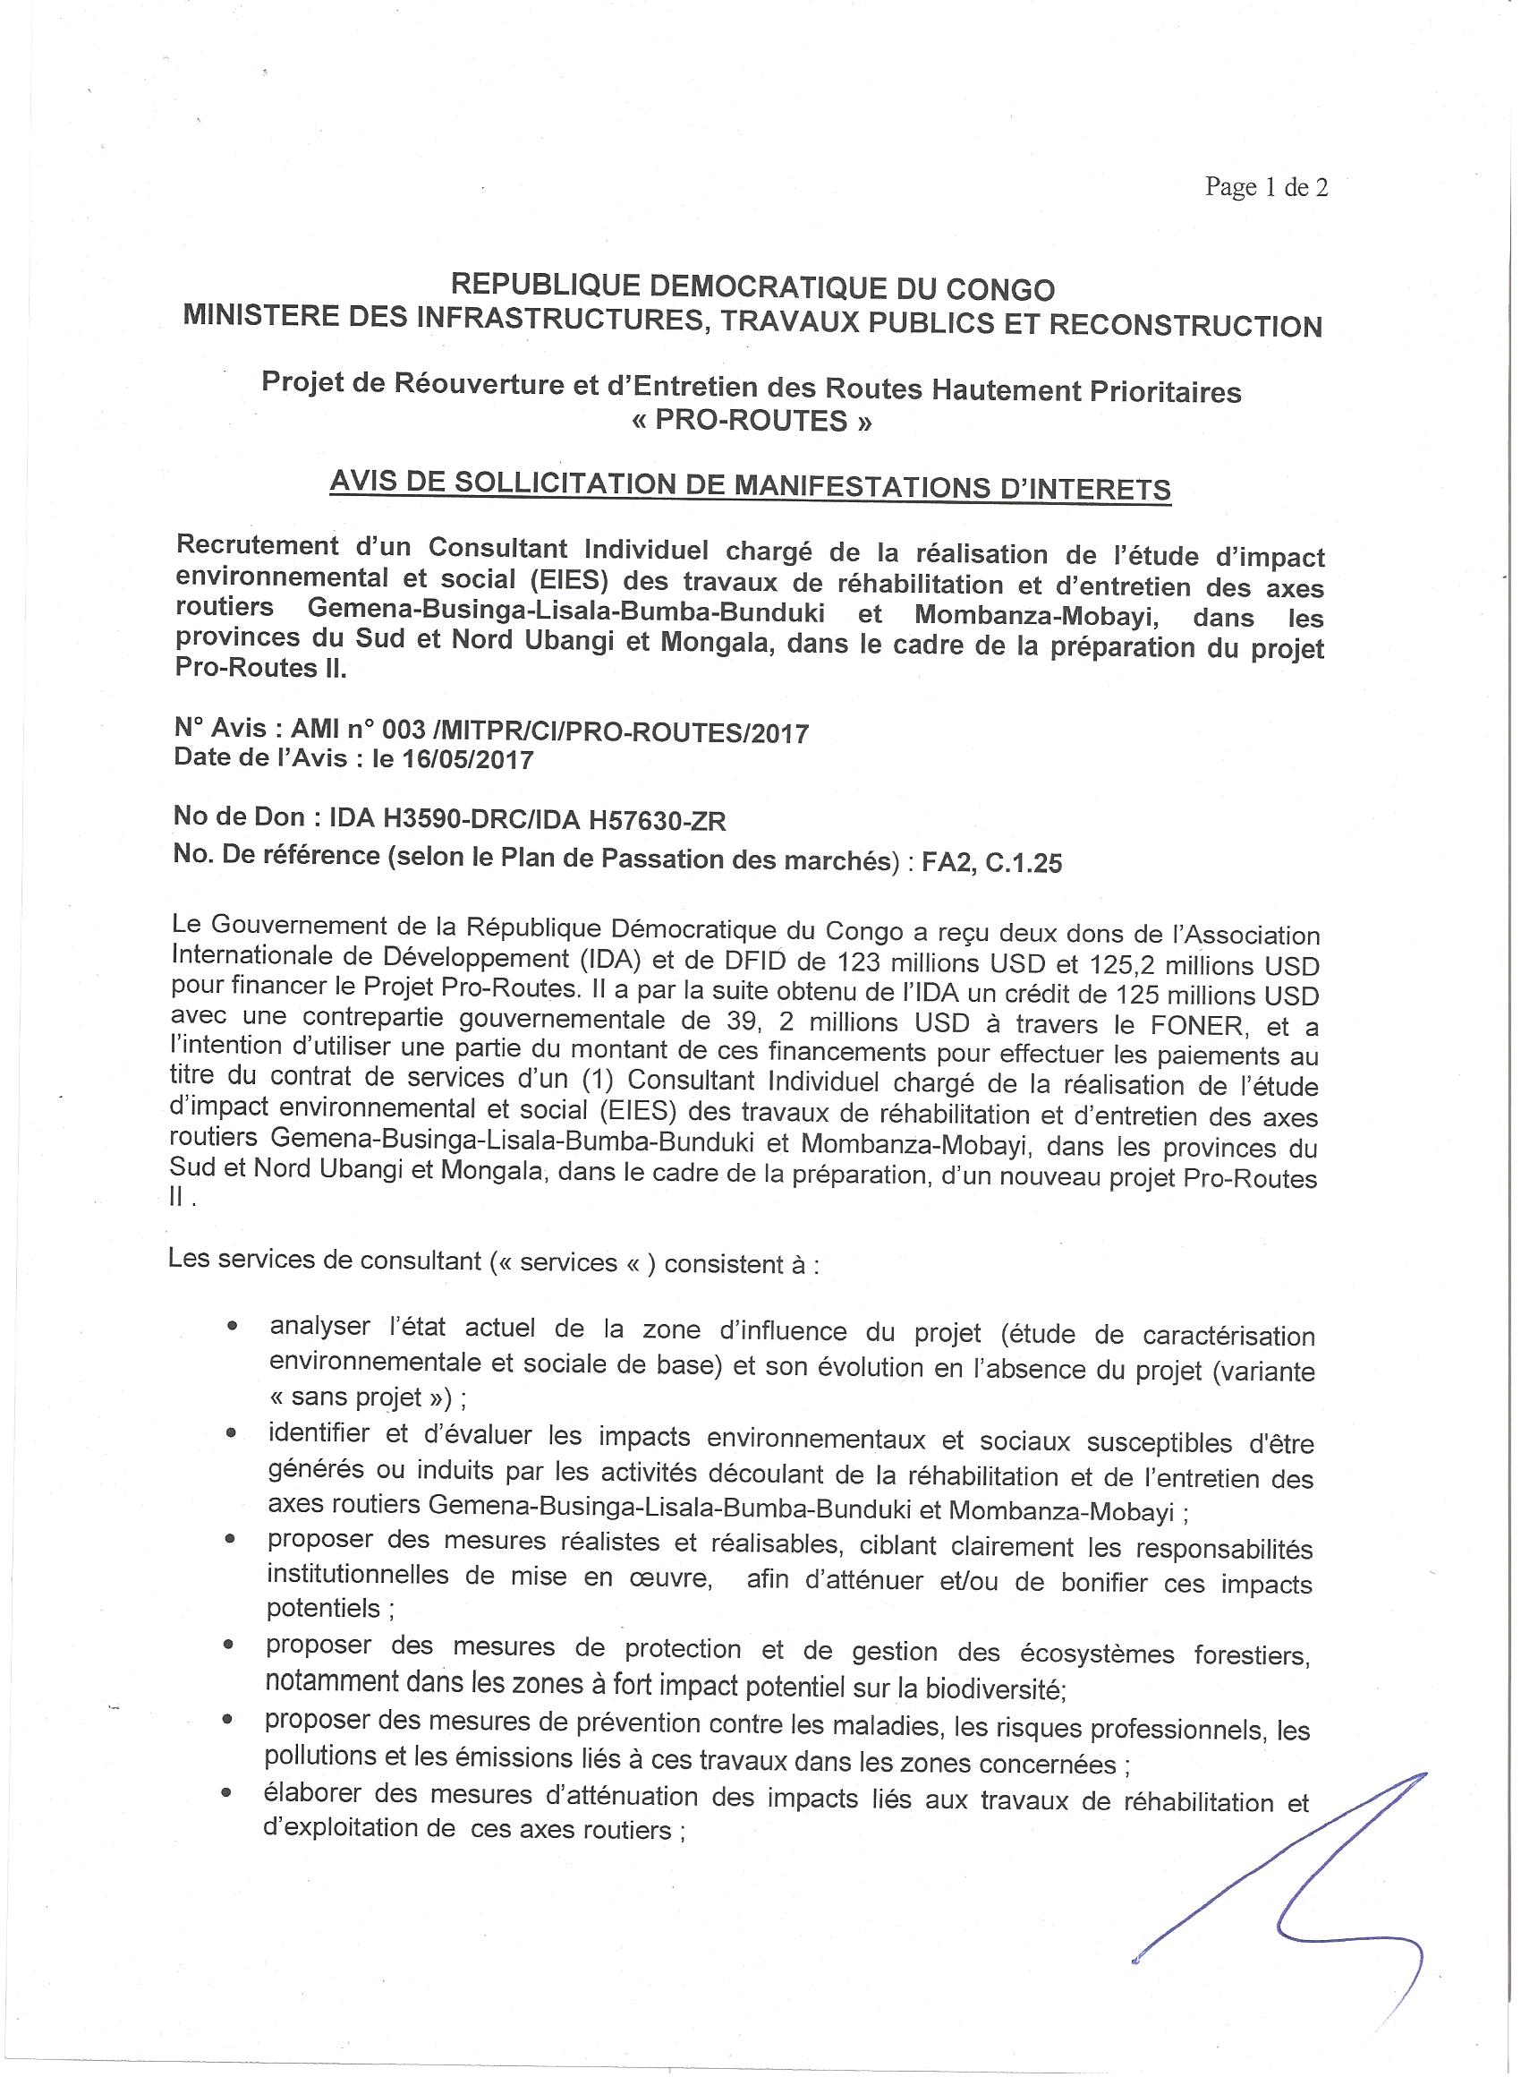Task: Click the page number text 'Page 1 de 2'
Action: pos(1266,188)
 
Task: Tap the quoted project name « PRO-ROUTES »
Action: pos(752,421)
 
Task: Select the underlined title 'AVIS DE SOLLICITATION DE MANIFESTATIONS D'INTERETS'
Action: pos(751,485)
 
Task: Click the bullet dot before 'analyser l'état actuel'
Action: pos(234,1328)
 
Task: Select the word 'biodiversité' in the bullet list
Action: pos(995,1683)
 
